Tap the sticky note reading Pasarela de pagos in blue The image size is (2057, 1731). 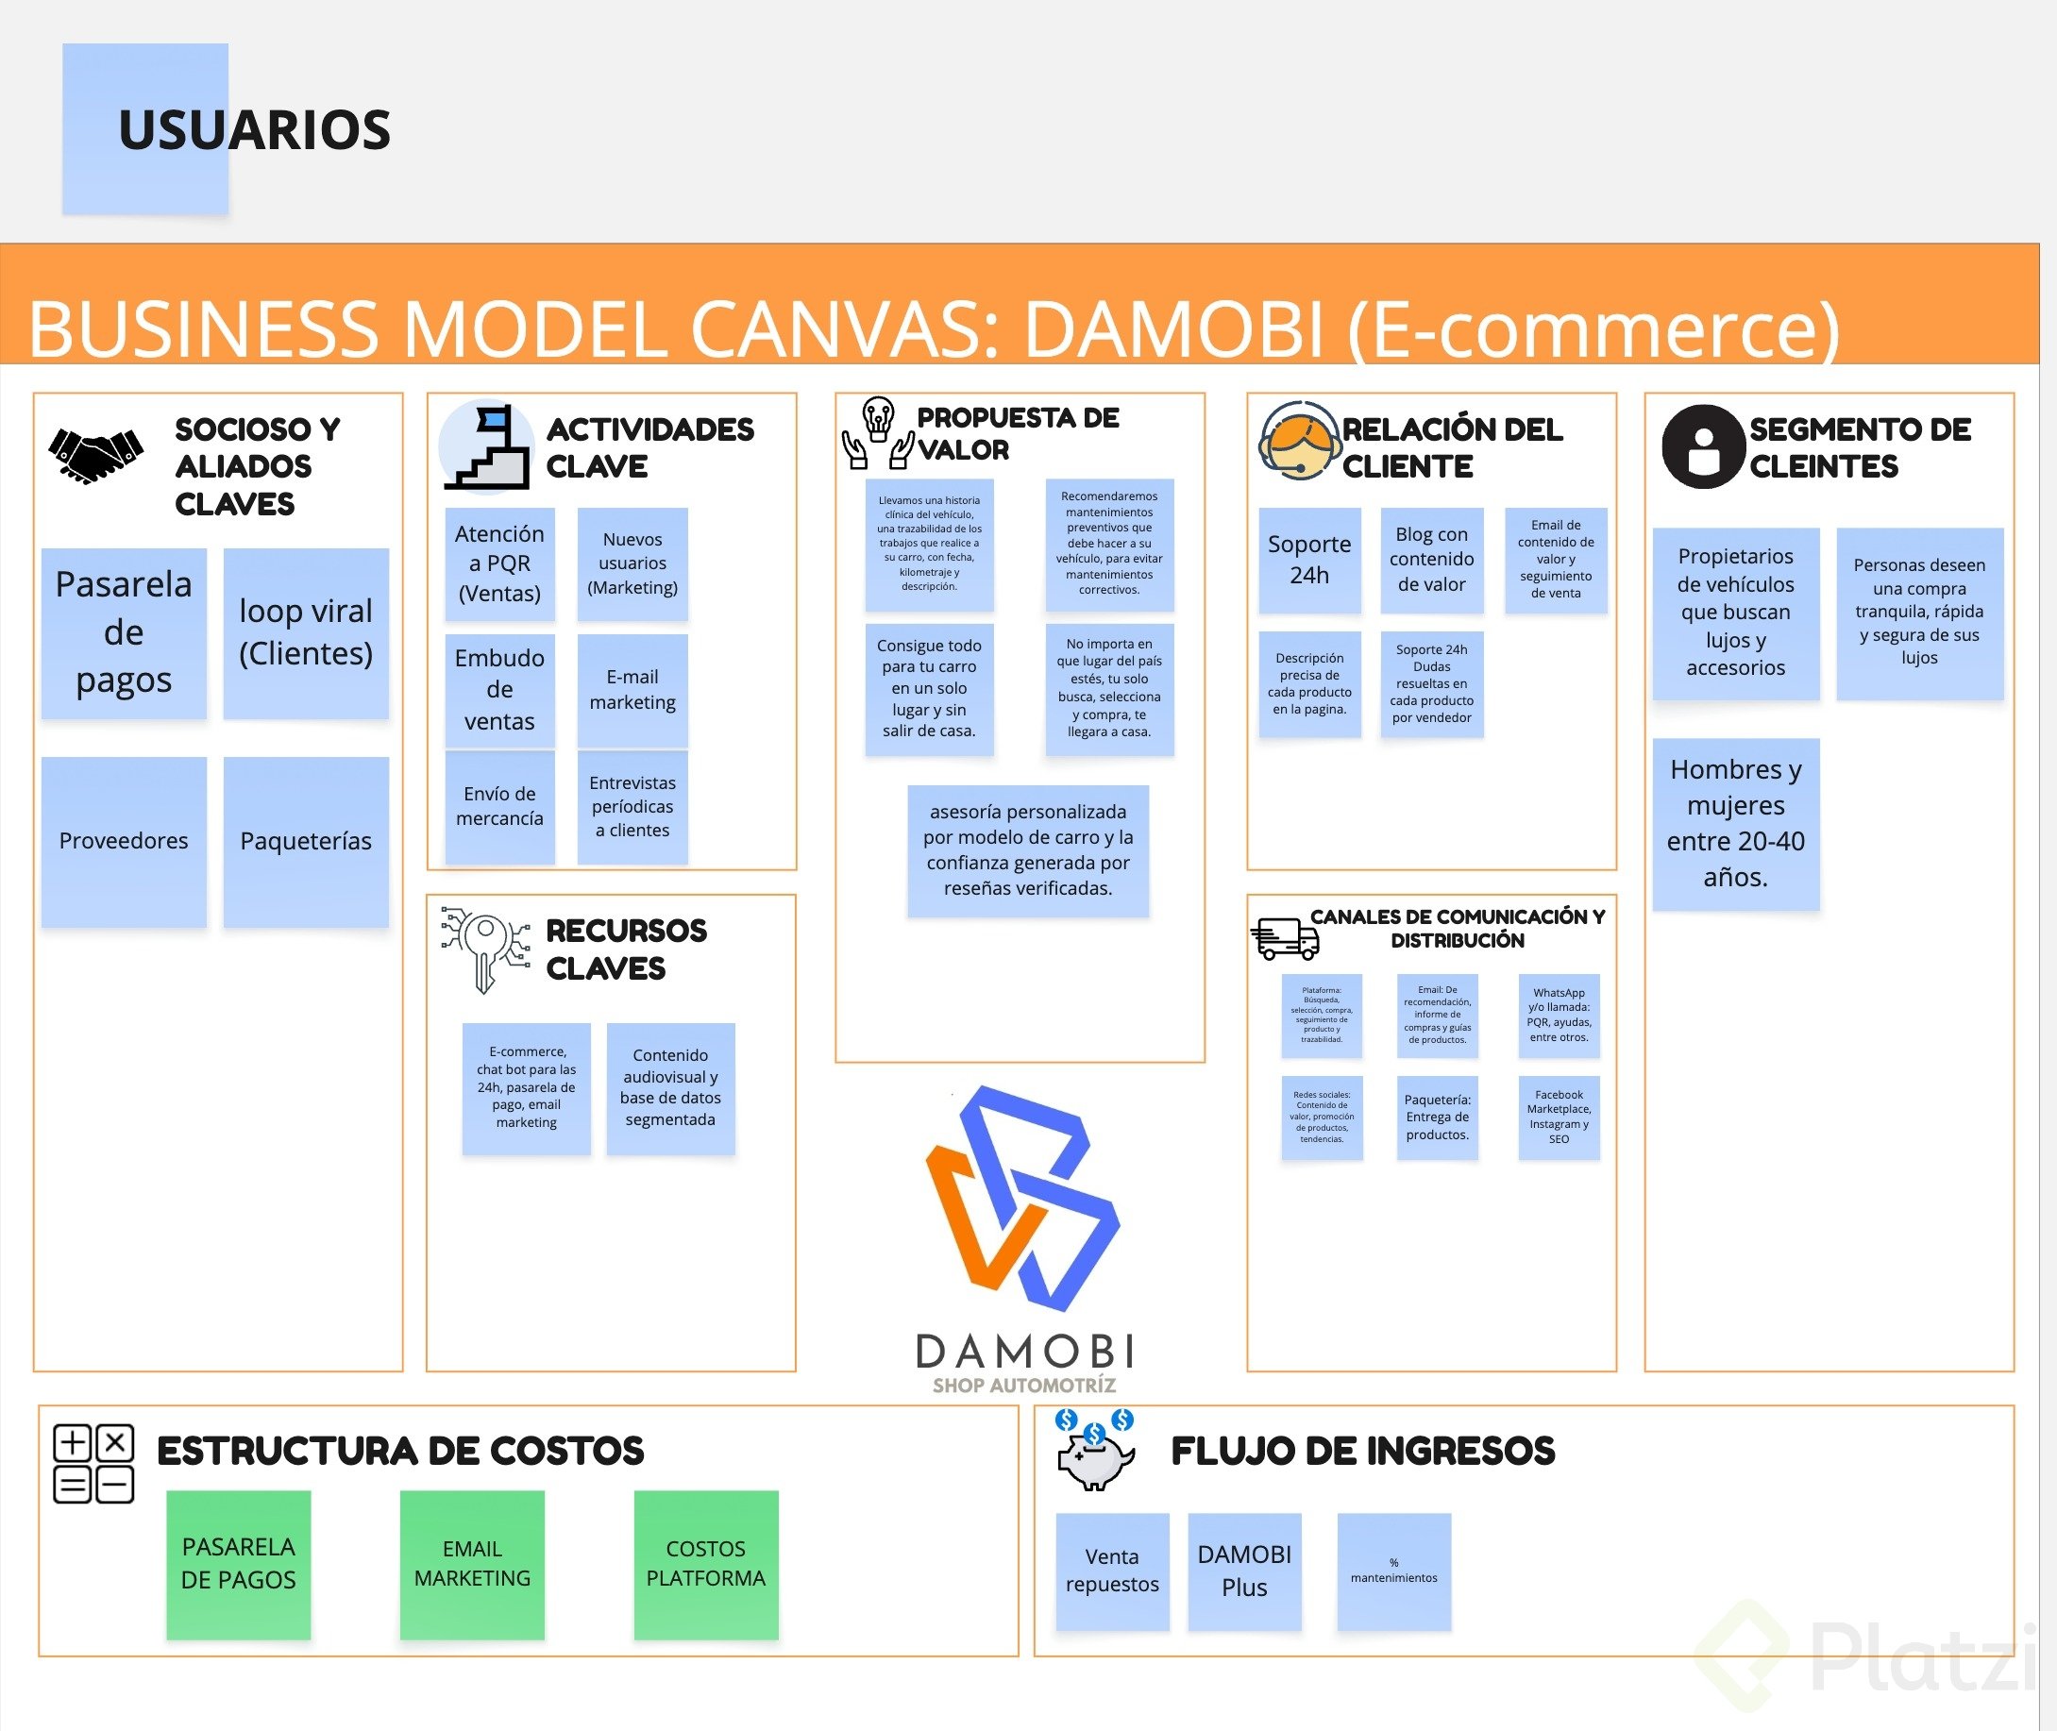coord(124,633)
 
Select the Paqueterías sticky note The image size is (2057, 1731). coord(305,841)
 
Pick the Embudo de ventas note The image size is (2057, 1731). coord(499,690)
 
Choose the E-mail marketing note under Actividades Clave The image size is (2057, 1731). coord(632,690)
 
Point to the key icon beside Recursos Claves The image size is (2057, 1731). coord(484,948)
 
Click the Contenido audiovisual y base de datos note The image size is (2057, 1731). coord(670,1087)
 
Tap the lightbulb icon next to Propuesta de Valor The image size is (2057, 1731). coord(877,431)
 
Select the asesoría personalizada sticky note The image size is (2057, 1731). coord(1027,849)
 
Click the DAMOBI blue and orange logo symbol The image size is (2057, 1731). coord(1022,1198)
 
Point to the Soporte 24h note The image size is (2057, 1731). coord(1309,560)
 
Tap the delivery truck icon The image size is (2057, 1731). coord(1284,938)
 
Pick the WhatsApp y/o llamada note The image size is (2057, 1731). coord(1559,1015)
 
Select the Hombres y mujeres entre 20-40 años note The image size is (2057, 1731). coord(1735,823)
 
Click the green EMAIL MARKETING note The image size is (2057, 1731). coord(472,1563)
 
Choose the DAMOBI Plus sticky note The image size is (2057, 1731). coord(1244,1571)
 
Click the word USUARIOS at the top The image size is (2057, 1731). coord(254,130)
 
